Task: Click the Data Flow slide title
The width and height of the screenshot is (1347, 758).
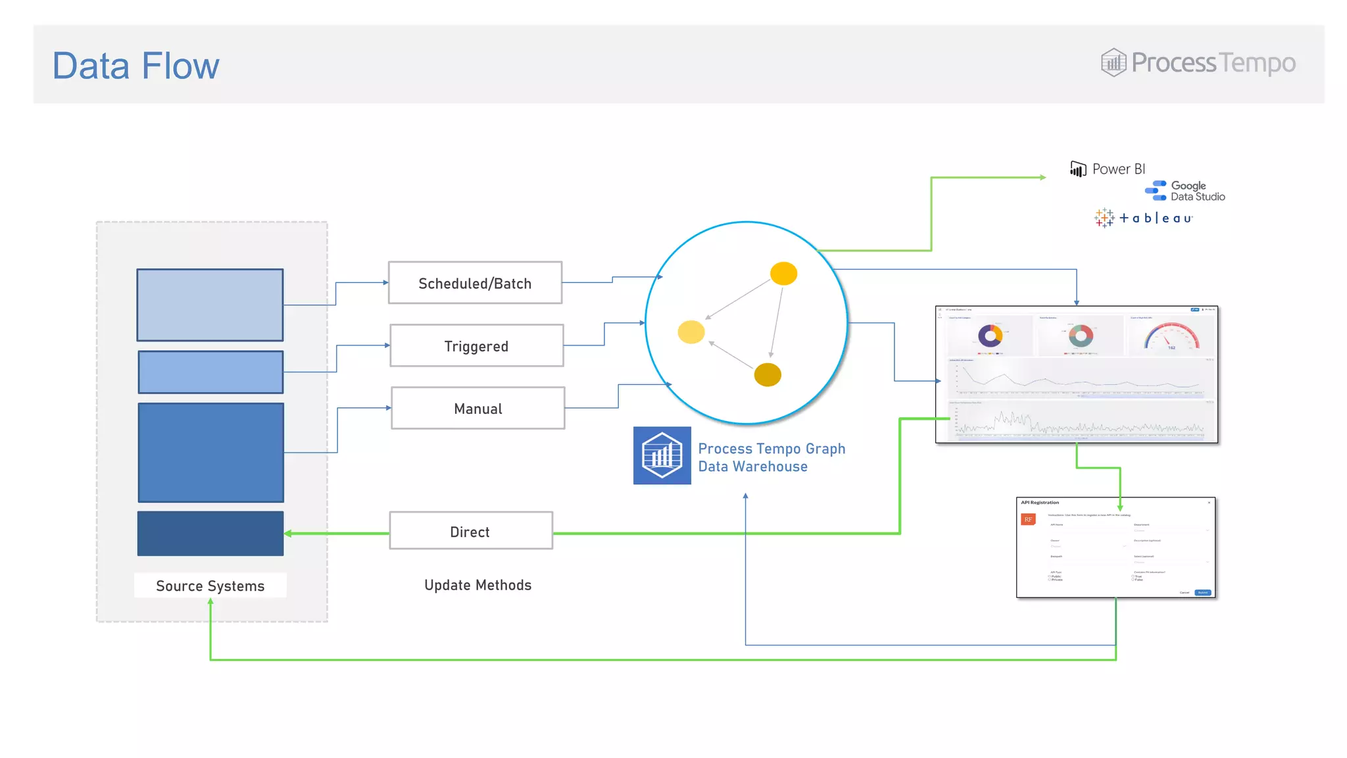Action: tap(135, 66)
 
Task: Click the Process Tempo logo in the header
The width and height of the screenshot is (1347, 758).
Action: tap(1198, 63)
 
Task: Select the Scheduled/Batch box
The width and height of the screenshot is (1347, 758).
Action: tap(475, 283)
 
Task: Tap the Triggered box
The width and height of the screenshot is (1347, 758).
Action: tap(476, 345)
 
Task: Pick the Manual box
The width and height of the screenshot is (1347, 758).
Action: tap(478, 408)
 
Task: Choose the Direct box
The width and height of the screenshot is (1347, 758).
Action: tap(470, 531)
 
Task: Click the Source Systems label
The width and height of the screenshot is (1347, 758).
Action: tap(210, 586)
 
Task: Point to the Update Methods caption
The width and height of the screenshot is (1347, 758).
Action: tap(478, 585)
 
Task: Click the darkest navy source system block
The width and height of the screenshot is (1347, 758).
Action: tap(210, 533)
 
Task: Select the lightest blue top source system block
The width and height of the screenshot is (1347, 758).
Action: tap(210, 305)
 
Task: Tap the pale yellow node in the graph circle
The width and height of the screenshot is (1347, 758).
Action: tap(691, 332)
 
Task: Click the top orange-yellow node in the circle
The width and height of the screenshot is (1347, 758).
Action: tap(783, 273)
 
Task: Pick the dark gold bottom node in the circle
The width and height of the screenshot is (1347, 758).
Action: tap(767, 375)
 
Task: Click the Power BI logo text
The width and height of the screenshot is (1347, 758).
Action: tap(1117, 169)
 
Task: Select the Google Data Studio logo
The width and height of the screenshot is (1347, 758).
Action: tap(1185, 191)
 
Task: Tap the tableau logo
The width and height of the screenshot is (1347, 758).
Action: tap(1144, 218)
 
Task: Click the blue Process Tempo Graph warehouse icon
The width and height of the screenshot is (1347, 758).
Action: tap(662, 455)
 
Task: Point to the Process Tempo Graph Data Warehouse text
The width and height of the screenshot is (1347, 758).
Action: tap(771, 457)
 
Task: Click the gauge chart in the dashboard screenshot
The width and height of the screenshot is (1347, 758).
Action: tap(1171, 336)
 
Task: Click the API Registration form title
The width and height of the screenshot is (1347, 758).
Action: tap(1040, 503)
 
